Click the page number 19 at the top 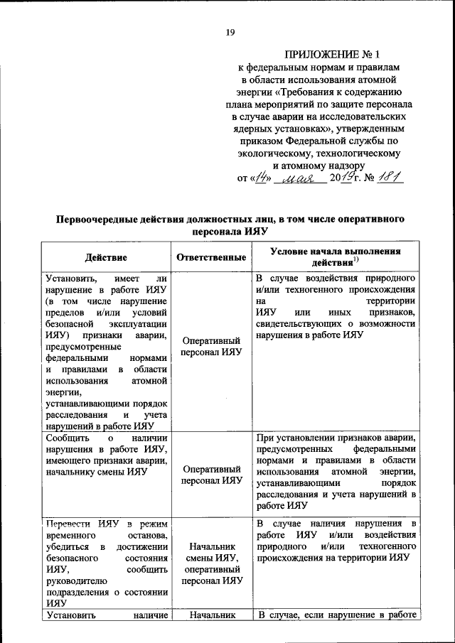[x=230, y=32]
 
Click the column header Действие [x=107, y=256]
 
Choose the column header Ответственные [x=211, y=256]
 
